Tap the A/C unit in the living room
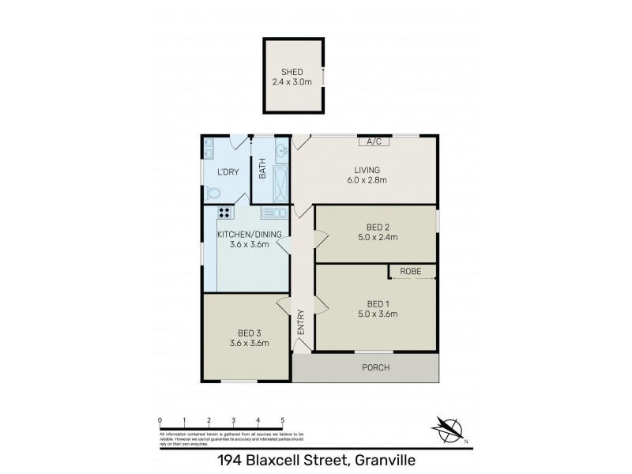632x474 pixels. [x=374, y=141]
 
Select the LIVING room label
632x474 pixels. [x=367, y=170]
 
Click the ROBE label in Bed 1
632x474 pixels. [x=411, y=272]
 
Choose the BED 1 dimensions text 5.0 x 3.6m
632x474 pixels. [x=376, y=314]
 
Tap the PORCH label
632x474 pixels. [x=375, y=368]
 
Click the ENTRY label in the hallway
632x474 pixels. [x=301, y=324]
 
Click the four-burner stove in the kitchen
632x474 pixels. [x=224, y=212]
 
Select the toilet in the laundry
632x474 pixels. [x=213, y=193]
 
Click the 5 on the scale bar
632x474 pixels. [x=283, y=420]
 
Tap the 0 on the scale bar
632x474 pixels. [x=160, y=420]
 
